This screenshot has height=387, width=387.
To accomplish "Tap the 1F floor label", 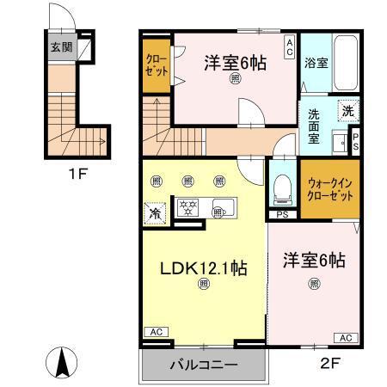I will tap(77, 173).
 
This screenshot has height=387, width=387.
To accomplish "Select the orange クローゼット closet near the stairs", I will tap(157, 68).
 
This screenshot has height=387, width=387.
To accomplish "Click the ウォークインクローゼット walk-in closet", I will tap(329, 189).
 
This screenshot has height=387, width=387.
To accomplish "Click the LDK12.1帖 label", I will tap(204, 268).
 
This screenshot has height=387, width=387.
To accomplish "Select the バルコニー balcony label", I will tap(203, 365).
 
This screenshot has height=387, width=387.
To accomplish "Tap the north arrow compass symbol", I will tap(64, 362).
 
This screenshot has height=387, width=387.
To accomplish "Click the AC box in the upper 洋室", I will tap(291, 44).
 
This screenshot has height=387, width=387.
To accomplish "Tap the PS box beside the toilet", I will tap(282, 215).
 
